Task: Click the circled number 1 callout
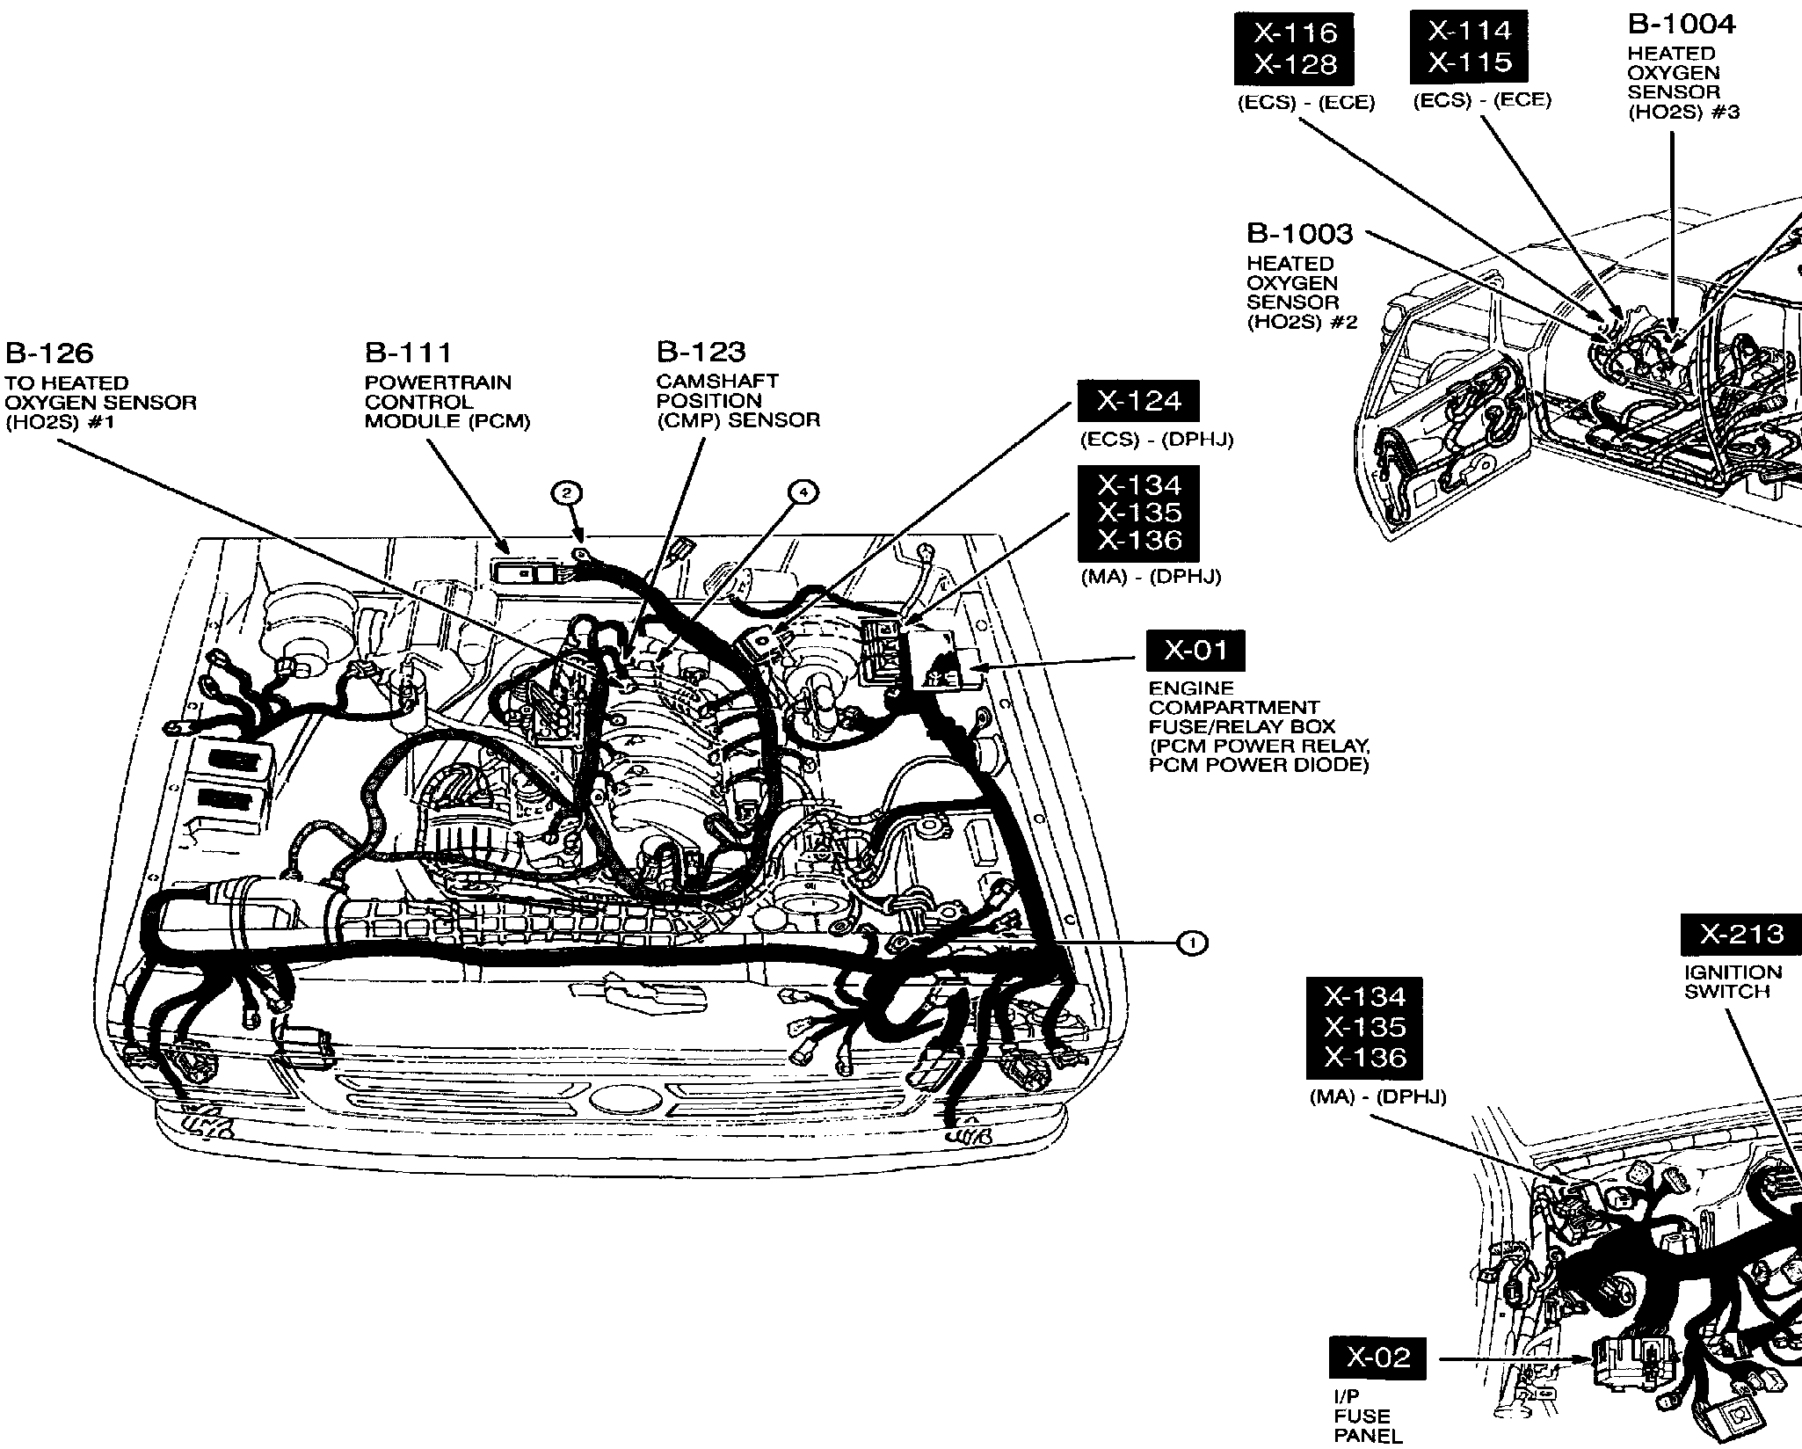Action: click(x=1192, y=943)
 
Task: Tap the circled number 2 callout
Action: click(x=567, y=493)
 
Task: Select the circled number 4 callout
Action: click(x=802, y=493)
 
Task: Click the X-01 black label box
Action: click(x=1195, y=651)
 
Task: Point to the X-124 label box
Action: click(x=1139, y=402)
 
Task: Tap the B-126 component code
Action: click(x=49, y=353)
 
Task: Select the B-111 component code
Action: click(x=408, y=353)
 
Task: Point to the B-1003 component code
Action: click(x=1300, y=234)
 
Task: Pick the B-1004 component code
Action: click(x=1682, y=25)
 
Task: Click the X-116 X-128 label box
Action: click(x=1295, y=48)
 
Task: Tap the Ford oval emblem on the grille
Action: click(x=619, y=1100)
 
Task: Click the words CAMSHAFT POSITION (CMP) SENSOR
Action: click(x=738, y=401)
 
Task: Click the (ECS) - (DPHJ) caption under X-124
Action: click(x=1157, y=440)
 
